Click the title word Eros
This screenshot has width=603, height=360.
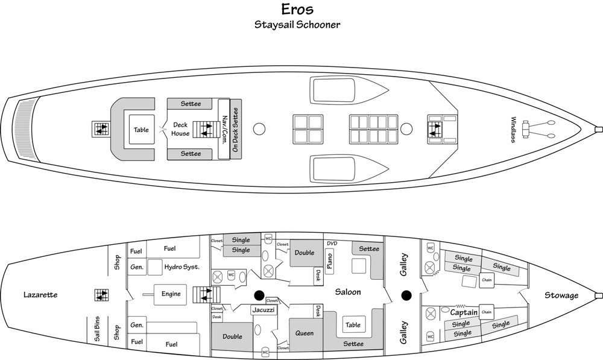297,9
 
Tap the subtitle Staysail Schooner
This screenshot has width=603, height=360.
297,25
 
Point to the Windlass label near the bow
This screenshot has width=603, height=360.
513,130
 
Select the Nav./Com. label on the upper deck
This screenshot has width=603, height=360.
224,130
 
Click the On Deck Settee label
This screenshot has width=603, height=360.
235,130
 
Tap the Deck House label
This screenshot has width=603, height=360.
180,129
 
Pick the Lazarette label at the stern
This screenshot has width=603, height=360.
40,295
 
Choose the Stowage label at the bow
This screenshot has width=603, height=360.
561,295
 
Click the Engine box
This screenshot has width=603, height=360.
171,294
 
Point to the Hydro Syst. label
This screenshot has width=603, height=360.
182,267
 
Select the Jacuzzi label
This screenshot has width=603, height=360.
264,309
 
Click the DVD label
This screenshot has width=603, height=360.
332,244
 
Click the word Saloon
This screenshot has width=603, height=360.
348,292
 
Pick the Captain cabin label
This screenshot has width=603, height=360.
464,312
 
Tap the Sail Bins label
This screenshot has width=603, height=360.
97,329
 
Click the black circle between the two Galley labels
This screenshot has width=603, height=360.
406,295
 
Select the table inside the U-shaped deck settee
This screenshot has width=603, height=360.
142,130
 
